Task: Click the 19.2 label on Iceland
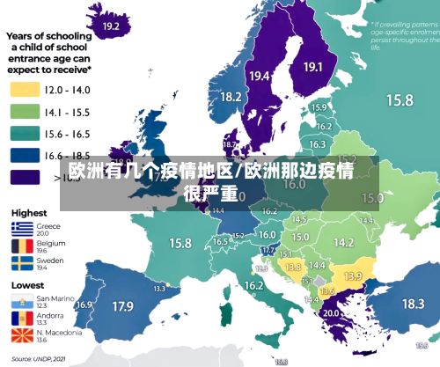click(111, 27)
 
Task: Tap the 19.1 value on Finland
click(313, 67)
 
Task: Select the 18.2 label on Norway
click(231, 97)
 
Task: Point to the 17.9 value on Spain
click(122, 307)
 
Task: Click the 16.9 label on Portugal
click(84, 305)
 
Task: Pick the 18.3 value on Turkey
click(413, 304)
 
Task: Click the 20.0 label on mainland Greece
click(331, 312)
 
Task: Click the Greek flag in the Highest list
click(23, 228)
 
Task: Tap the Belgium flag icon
click(23, 246)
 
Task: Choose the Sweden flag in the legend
click(23, 264)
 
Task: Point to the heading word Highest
click(29, 212)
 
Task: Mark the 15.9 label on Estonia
click(319, 107)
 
